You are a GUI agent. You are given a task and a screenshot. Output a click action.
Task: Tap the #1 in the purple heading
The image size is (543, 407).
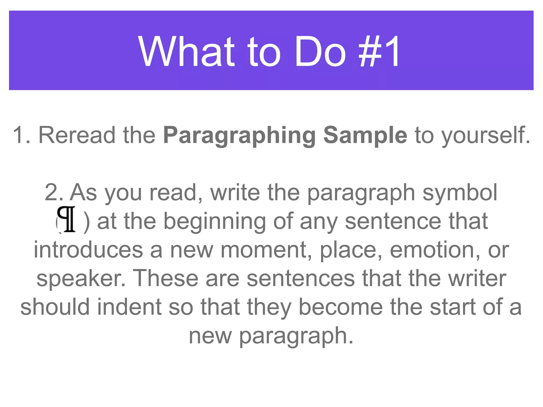pyautogui.click(x=379, y=51)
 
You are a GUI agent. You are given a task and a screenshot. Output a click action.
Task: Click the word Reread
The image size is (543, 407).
pyautogui.click(x=77, y=135)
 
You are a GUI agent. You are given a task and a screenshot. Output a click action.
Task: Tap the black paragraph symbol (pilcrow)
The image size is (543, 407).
pyautogui.click(x=67, y=219)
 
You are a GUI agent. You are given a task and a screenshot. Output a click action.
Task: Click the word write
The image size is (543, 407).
pyautogui.click(x=235, y=193)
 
